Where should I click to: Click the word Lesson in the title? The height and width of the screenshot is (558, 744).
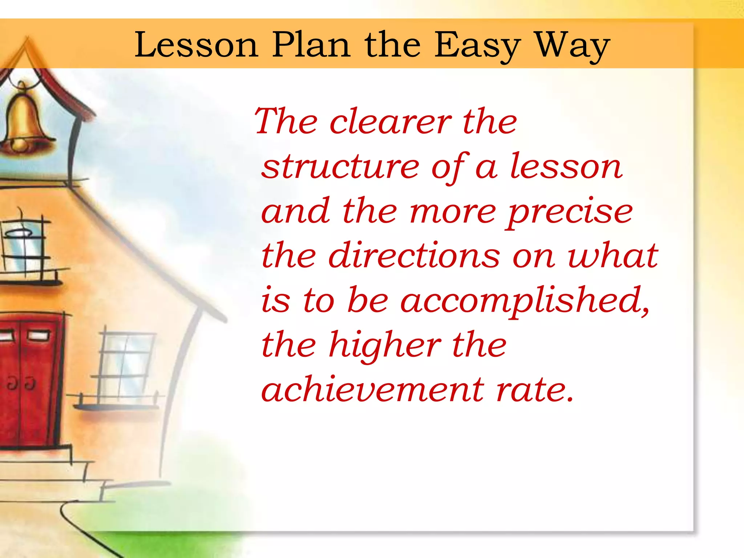tap(196, 45)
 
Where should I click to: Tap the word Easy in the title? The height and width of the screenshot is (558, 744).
tap(477, 46)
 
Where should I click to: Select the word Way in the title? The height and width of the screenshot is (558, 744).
tap(573, 46)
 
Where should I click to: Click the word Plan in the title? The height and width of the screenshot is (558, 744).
tap(311, 45)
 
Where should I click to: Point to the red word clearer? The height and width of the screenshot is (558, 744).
tap(390, 122)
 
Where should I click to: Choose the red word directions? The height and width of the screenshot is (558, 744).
tap(414, 256)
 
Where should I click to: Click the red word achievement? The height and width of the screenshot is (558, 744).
tap(372, 390)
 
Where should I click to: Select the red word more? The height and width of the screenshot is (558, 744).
tap(453, 212)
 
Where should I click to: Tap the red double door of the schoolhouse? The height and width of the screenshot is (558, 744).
tap(29, 381)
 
